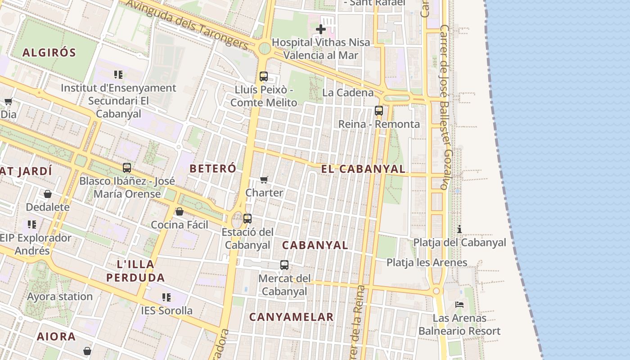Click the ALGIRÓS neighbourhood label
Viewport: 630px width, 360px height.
pos(49,53)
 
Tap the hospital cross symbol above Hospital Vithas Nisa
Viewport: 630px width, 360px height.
pos(321,30)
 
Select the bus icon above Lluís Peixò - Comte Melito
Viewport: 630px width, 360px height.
pos(264,76)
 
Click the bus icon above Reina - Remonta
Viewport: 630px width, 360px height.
pos(379,111)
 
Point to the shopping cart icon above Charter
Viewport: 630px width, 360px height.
pos(264,180)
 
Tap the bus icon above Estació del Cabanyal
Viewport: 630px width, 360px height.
pos(247,219)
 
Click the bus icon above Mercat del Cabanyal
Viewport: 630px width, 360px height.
pos(284,265)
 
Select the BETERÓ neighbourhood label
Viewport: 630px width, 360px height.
pos(213,169)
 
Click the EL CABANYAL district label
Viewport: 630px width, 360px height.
pos(363,169)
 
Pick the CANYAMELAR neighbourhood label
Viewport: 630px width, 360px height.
pos(292,317)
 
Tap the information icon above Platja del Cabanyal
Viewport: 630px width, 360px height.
pos(459,229)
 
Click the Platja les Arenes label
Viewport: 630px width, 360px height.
pos(427,262)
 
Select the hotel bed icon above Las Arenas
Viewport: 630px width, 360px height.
pos(459,305)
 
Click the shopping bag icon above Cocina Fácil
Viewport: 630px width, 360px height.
pos(180,211)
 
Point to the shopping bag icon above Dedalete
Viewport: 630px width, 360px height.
pos(48,194)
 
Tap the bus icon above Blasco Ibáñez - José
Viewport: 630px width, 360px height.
pos(127,168)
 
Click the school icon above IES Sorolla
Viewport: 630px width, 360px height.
pos(166,297)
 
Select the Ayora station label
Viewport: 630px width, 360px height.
pos(60,297)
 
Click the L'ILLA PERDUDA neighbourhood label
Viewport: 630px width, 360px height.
pos(135,270)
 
